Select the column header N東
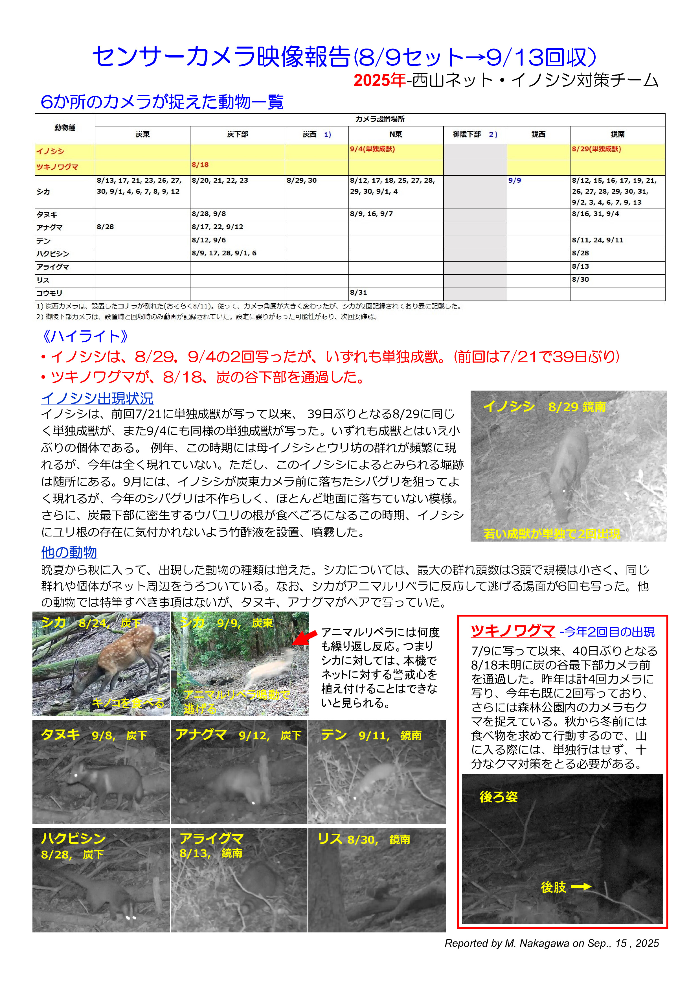click(395, 135)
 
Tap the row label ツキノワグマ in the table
click(57, 167)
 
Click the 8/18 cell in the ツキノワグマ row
click(200, 165)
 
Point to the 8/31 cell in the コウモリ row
click(358, 293)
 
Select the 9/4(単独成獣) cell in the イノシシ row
click(372, 149)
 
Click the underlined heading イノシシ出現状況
click(97, 398)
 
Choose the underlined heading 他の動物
click(69, 552)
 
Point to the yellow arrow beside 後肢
click(581, 886)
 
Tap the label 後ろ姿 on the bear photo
click(498, 797)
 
